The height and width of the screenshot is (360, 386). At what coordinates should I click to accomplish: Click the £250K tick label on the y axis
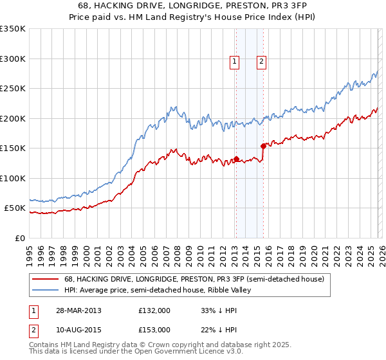pyautogui.click(x=13, y=89)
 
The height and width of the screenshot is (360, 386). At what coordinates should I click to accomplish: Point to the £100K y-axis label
pyautogui.click(x=13, y=178)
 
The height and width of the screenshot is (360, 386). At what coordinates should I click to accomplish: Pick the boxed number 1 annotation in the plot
pyautogui.click(x=234, y=62)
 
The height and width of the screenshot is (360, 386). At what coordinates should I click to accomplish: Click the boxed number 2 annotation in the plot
pyautogui.click(x=262, y=62)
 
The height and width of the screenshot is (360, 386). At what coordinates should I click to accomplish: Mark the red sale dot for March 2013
pyautogui.click(x=236, y=159)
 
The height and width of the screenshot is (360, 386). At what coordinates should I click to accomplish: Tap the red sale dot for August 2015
pyautogui.click(x=263, y=147)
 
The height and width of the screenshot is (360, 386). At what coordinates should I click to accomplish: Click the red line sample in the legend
pyautogui.click(x=46, y=279)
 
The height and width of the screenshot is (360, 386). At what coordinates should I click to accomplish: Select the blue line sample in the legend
pyautogui.click(x=46, y=289)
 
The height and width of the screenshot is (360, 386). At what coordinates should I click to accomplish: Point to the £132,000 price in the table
pyautogui.click(x=154, y=310)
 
